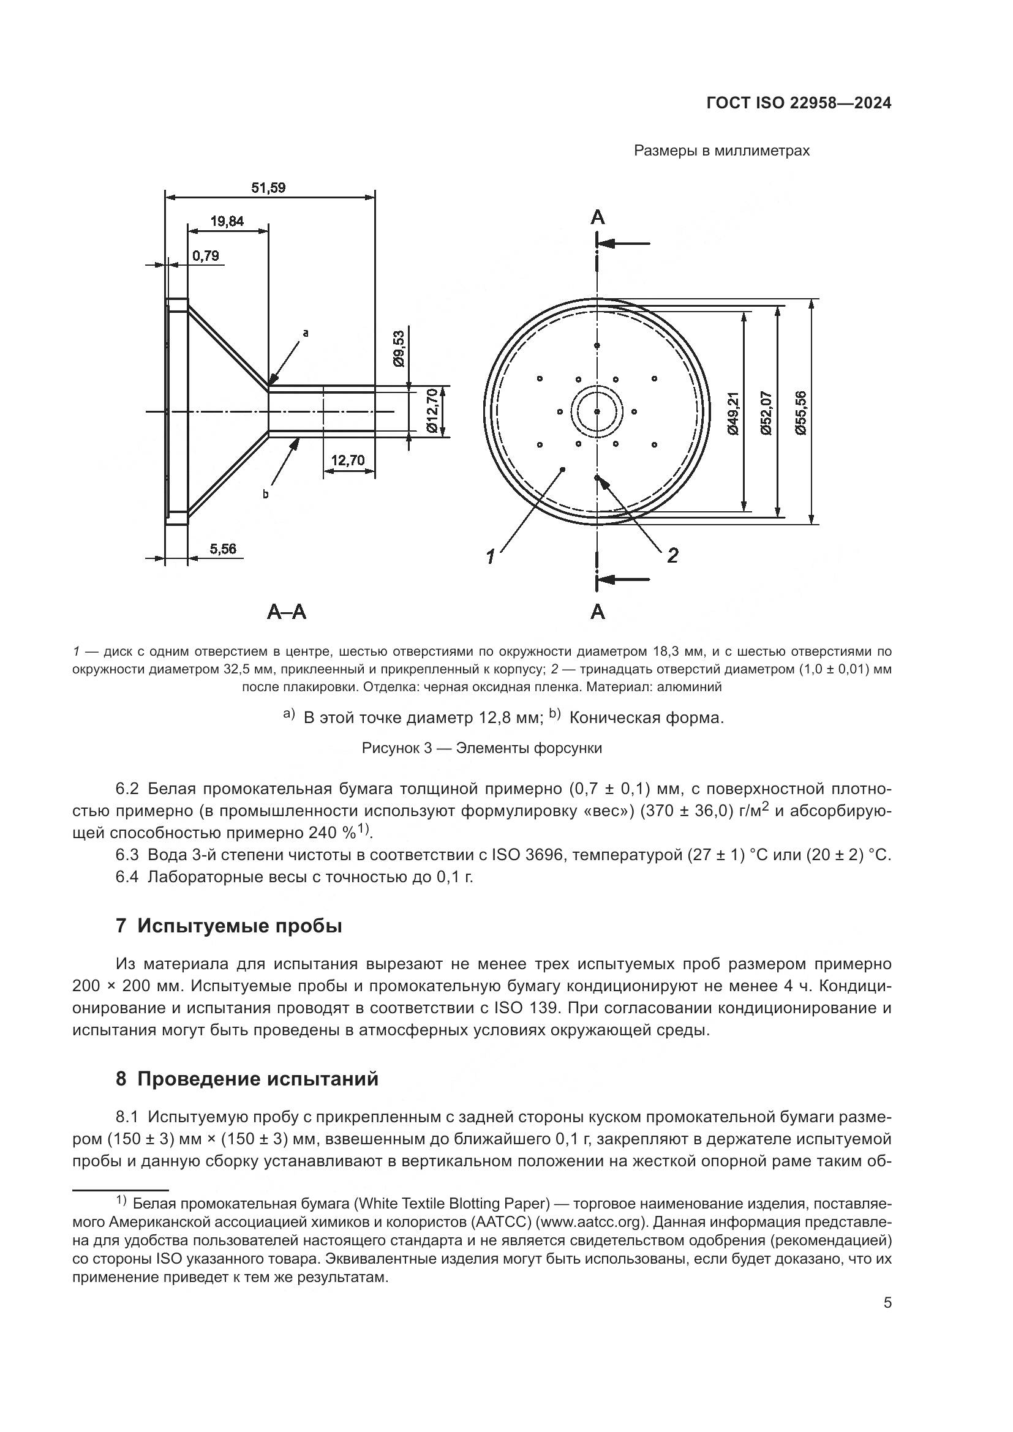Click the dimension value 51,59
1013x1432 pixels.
(268, 188)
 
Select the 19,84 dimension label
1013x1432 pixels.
(227, 221)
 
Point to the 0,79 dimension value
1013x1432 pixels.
(205, 256)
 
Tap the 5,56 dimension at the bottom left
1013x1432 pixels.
(223, 549)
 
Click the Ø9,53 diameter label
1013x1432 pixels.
(399, 348)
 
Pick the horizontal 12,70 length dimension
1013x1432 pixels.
(347, 460)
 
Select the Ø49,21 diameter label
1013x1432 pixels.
(732, 413)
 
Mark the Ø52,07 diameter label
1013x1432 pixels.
(767, 413)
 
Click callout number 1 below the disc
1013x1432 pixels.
(491, 557)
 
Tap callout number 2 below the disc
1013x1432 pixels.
(672, 555)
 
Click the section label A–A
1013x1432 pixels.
(286, 612)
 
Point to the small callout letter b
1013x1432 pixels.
(265, 495)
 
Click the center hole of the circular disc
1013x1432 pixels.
(597, 411)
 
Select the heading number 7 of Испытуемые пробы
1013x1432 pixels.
(121, 926)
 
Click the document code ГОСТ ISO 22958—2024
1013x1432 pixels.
(799, 103)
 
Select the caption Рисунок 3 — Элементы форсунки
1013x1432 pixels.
(481, 748)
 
